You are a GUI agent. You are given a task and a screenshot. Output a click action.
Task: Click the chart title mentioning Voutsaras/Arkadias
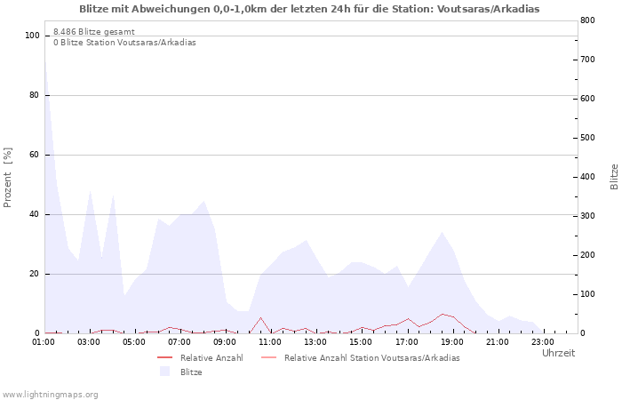[x=309, y=9]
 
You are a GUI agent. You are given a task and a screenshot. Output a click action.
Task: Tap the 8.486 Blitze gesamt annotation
[x=94, y=32]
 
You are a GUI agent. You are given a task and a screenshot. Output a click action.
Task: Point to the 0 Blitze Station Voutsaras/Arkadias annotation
[x=124, y=43]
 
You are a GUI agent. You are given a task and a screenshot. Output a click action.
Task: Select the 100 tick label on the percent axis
[x=32, y=36]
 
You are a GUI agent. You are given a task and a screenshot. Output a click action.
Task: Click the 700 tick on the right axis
[x=588, y=60]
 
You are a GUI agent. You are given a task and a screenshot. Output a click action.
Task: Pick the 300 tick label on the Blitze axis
[x=588, y=216]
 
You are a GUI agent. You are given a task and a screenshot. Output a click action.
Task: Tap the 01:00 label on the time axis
[x=44, y=342]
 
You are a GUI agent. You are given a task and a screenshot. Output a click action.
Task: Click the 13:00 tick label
[x=315, y=342]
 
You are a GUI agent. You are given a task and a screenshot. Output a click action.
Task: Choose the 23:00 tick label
[x=543, y=342]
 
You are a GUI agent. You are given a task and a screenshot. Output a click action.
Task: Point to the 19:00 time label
[x=451, y=342]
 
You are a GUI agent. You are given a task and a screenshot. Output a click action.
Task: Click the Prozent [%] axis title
[x=7, y=178]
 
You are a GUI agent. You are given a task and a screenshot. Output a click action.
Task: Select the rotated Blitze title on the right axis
[x=614, y=177]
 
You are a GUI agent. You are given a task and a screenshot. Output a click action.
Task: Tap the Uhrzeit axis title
[x=559, y=353]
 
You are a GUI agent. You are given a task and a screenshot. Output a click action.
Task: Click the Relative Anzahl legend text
[x=211, y=358]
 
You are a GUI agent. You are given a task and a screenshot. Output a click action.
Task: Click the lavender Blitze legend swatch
[x=164, y=372]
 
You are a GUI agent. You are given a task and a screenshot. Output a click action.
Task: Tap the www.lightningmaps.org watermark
[x=50, y=395]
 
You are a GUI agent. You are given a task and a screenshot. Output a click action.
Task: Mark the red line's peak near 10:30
[x=260, y=317]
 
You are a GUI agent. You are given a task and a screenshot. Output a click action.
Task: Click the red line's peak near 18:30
[x=443, y=314]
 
